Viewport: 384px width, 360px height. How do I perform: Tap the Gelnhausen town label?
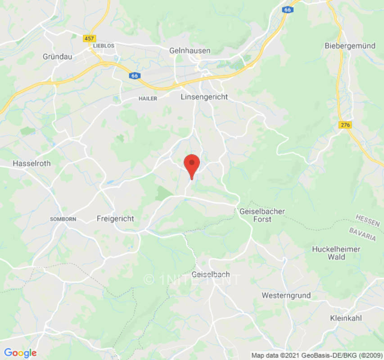(x=190, y=51)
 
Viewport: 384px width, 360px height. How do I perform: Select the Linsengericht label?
(x=204, y=97)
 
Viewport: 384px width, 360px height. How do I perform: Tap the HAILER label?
(x=148, y=99)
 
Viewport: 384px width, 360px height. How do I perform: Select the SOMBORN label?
(x=63, y=219)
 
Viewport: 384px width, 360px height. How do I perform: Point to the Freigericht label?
(x=115, y=219)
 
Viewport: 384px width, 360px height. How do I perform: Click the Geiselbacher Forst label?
(x=262, y=215)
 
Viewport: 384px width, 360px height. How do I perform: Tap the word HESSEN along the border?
(x=367, y=220)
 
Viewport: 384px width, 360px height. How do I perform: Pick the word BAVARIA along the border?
(x=362, y=234)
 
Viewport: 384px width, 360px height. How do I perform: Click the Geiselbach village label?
(x=211, y=274)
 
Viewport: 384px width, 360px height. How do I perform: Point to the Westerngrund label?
(x=286, y=296)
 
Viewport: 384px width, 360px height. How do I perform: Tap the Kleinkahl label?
(x=346, y=318)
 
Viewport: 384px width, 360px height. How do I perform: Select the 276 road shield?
(x=346, y=124)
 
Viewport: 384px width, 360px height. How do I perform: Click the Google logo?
(x=20, y=353)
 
